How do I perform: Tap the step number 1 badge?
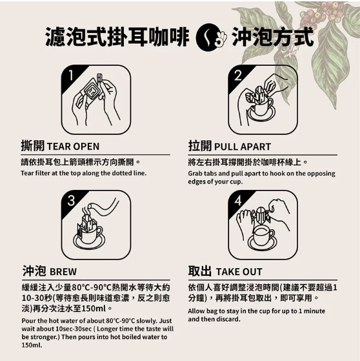(x=72, y=75)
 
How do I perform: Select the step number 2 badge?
(x=238, y=75)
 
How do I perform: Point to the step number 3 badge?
(x=72, y=200)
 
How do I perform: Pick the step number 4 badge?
(x=238, y=200)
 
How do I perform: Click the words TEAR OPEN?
(x=73, y=147)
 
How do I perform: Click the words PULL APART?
(x=243, y=147)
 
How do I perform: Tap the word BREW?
(x=63, y=272)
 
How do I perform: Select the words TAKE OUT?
(x=239, y=272)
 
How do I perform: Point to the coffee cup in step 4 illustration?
(x=263, y=236)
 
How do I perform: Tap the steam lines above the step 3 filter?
(x=86, y=211)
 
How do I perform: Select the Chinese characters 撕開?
(x=33, y=145)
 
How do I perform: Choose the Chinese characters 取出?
(x=199, y=271)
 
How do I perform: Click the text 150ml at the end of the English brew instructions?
(x=32, y=345)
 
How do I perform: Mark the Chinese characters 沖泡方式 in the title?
(x=273, y=37)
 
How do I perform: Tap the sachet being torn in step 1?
(x=92, y=89)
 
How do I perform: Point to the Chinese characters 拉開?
(x=200, y=145)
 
